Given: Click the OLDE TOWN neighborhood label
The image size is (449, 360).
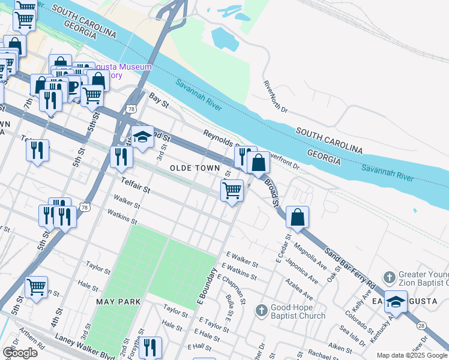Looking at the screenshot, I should [194, 168].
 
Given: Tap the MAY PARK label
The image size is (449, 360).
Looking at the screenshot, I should [117, 301].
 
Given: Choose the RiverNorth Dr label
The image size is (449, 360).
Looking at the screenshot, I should [276, 98].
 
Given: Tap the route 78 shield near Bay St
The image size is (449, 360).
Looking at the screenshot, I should [130, 109].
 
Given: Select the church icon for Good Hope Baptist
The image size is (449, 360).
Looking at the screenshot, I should [261, 310].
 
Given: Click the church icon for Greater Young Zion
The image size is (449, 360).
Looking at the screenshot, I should [389, 277].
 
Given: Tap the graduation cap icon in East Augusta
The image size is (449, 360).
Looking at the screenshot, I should [396, 302].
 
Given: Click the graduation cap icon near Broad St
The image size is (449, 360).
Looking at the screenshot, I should [142, 137].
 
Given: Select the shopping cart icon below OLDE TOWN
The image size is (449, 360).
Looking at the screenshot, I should [232, 191].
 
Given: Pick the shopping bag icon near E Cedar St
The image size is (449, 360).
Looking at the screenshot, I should [298, 217].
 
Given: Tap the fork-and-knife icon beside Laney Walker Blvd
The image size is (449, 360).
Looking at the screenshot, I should [149, 347].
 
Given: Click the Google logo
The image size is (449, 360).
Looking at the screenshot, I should [20, 353].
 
